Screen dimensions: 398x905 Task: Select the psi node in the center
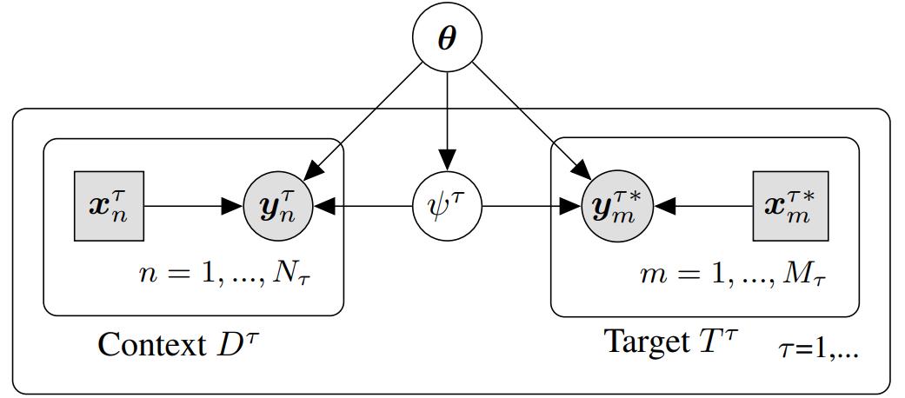click(446, 208)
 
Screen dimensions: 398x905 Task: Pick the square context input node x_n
click(109, 208)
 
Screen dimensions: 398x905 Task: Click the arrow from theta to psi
click(446, 122)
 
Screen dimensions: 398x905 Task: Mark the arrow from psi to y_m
click(530, 208)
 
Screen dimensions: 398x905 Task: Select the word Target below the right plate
click(645, 342)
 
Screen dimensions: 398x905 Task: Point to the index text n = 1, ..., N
click(234, 273)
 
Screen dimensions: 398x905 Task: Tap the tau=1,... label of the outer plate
click(818, 349)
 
